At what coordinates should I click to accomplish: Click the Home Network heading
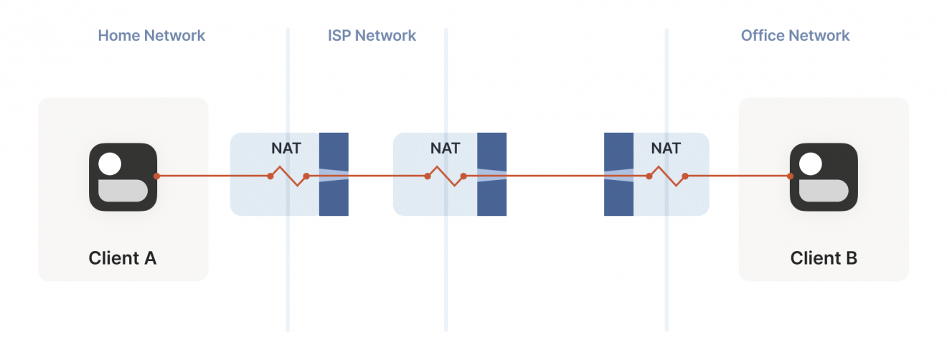[x=151, y=35]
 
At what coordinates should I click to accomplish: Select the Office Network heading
[x=795, y=35]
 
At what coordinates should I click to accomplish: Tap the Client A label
[x=123, y=258]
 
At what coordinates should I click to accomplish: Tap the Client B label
[x=824, y=258]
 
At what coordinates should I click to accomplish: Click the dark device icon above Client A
[x=123, y=177]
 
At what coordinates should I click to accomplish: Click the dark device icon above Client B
[x=824, y=177]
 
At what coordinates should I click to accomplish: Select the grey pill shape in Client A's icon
[x=123, y=191]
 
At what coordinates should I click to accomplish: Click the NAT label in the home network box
[x=286, y=149]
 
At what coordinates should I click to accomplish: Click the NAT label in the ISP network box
[x=445, y=149]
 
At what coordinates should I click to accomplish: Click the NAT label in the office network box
[x=665, y=149]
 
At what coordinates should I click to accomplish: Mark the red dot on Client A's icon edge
[x=156, y=176]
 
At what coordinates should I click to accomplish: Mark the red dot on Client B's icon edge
[x=790, y=176]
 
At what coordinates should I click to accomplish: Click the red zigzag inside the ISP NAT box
[x=446, y=176]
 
